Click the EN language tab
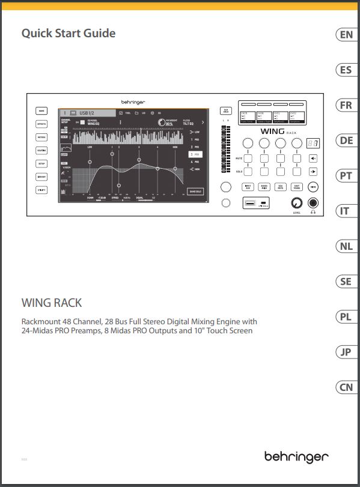[346, 35]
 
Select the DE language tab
[346, 141]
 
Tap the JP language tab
[346, 352]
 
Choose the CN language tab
[346, 387]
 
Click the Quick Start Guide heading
[68, 34]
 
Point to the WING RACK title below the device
[51, 302]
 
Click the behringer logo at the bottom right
[296, 457]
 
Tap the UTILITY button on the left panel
[42, 190]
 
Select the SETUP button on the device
[42, 163]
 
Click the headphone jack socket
[313, 202]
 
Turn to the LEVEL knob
[296, 202]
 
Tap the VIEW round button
[313, 187]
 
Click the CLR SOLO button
[226, 110]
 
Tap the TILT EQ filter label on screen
[189, 124]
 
